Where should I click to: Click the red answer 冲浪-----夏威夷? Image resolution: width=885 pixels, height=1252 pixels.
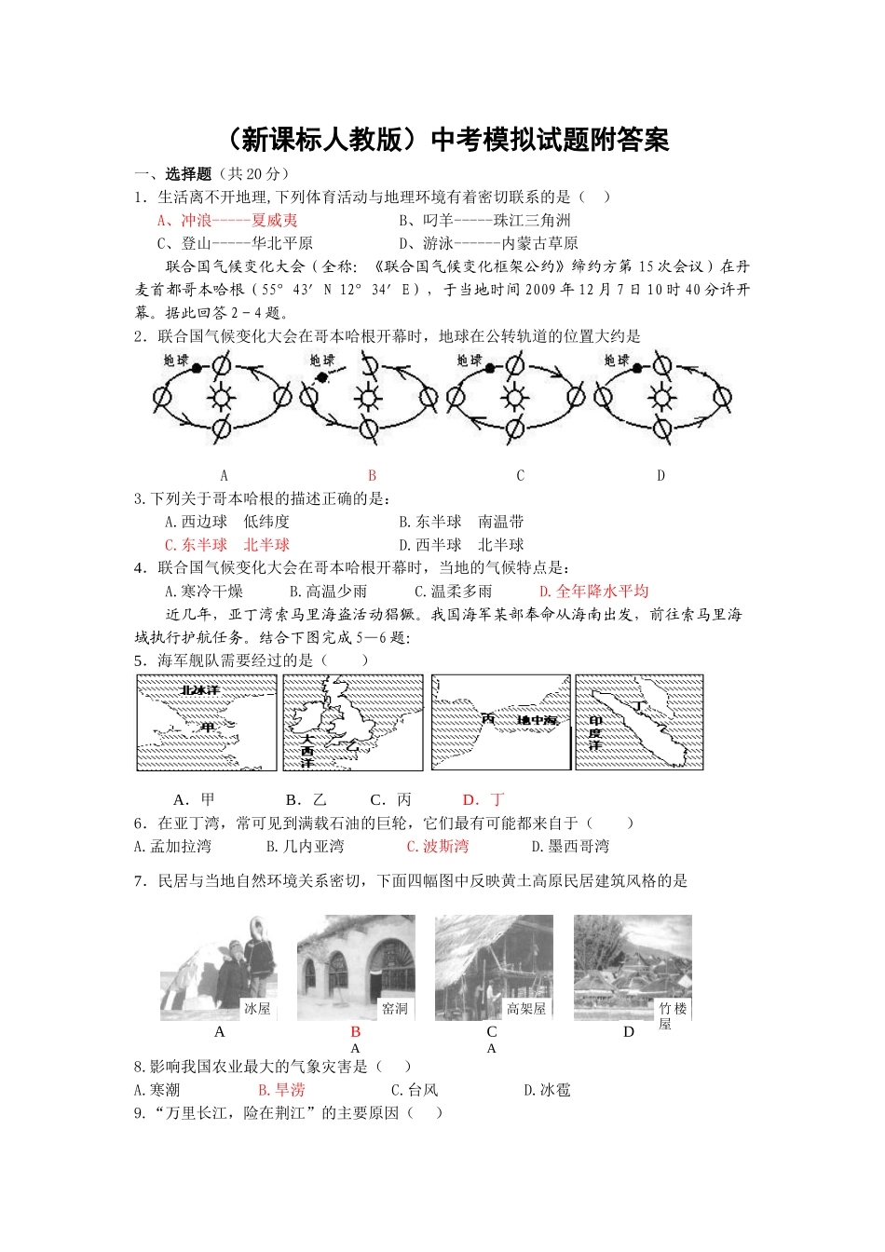227,220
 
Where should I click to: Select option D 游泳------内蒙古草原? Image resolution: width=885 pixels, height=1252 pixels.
488,243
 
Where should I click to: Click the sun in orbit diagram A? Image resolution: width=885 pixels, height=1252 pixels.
222,398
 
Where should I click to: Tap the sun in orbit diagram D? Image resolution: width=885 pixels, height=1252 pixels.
662,398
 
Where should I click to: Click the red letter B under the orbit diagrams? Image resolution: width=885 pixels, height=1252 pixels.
372,475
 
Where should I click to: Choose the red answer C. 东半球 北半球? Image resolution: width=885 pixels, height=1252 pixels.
226,545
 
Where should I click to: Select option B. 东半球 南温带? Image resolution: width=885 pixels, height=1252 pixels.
461,522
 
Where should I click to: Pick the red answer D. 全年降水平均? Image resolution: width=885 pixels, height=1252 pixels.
593,591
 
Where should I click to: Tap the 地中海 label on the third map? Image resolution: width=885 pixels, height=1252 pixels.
538,720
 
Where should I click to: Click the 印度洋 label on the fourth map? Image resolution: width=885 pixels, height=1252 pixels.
594,733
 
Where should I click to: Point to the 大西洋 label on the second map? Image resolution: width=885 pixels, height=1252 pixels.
306,750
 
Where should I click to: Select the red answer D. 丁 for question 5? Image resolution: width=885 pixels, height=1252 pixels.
483,799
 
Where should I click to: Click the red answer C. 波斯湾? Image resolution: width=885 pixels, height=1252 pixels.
437,846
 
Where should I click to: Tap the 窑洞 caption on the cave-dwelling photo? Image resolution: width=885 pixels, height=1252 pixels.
394,1008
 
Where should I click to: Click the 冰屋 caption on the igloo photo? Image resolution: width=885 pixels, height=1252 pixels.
256,1008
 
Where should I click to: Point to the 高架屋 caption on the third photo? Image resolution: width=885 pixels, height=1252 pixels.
525,1008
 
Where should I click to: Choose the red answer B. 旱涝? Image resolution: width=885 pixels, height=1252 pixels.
281,1089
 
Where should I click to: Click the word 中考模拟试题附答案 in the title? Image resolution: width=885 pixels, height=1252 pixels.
550,140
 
